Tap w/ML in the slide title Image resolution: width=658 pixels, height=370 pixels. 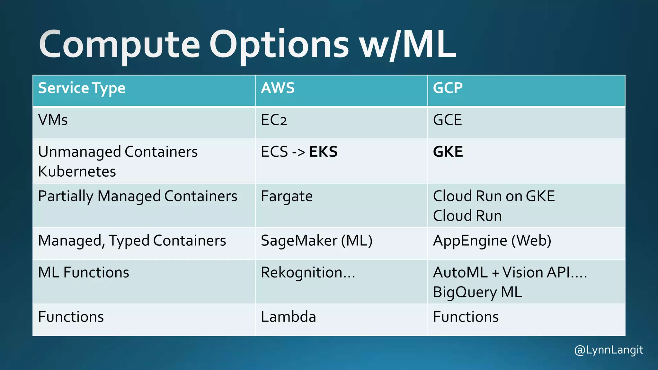[407, 45]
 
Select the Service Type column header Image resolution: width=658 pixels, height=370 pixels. [82, 88]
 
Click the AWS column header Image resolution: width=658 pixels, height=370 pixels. [278, 88]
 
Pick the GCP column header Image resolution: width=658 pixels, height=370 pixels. [448, 88]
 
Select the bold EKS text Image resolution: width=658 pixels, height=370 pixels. [323, 152]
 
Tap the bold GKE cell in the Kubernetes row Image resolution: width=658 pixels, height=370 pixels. [448, 152]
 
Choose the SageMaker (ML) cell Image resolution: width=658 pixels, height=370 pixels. [316, 241]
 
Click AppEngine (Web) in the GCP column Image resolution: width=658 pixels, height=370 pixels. [492, 241]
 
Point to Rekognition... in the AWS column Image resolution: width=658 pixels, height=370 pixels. [308, 273]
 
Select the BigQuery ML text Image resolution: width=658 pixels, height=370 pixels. [477, 292]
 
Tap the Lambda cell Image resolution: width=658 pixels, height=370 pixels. [288, 317]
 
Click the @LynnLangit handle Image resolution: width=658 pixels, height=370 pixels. [609, 350]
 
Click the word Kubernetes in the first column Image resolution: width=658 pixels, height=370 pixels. [77, 172]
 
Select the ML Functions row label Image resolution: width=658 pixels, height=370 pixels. [84, 273]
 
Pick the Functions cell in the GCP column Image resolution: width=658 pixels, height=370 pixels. [466, 317]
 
